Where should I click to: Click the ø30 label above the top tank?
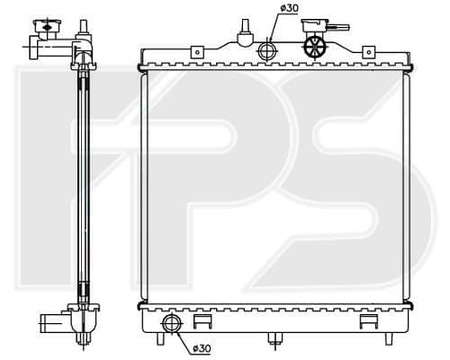coord(290,8)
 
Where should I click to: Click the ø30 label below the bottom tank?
coord(202,348)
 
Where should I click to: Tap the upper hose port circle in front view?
coord(267,50)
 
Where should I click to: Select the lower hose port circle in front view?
coord(172,324)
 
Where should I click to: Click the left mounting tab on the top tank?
coord(197,52)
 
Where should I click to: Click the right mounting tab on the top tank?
coord(369,52)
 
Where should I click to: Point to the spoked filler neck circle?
coord(315,48)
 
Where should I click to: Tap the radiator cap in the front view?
coord(314,25)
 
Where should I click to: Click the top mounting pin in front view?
coord(246,32)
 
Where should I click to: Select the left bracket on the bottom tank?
coord(202,321)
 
